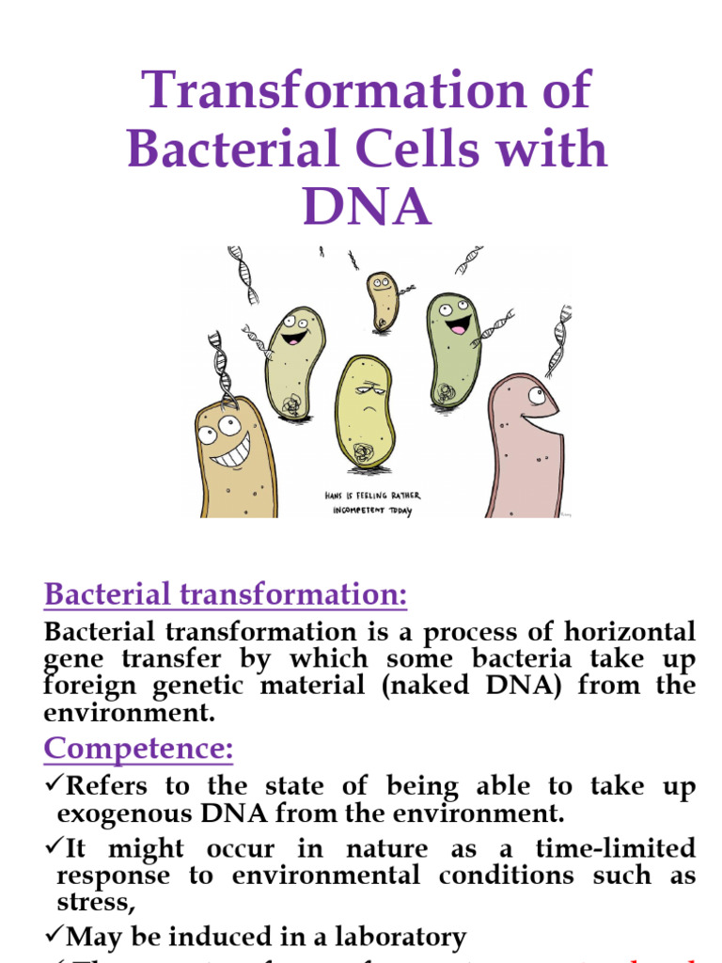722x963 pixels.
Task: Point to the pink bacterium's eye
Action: [x=536, y=396]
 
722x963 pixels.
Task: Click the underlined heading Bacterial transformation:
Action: [x=226, y=594]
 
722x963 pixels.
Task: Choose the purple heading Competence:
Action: [x=138, y=750]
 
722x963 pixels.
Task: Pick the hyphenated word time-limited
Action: [x=617, y=848]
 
